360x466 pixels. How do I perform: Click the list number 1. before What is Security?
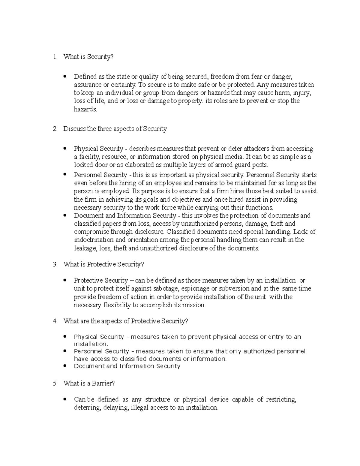click(55, 57)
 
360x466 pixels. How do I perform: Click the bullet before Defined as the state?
click(65, 77)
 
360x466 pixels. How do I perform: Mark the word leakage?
click(85, 248)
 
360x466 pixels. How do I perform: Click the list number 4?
click(55, 321)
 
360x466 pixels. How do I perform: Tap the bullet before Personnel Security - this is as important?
click(65, 175)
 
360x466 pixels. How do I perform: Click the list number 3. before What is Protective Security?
click(55, 264)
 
